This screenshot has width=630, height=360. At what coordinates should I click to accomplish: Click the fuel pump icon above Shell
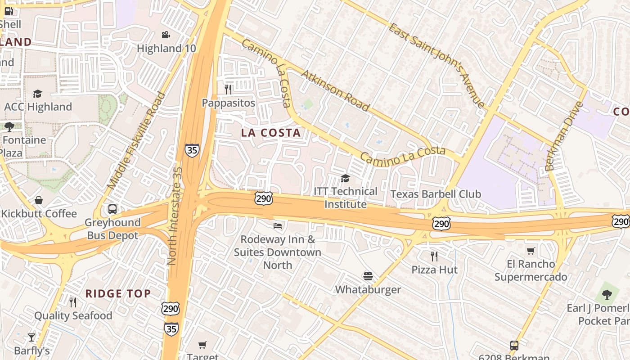click(9, 11)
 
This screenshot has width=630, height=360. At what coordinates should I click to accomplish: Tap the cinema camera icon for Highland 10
click(166, 35)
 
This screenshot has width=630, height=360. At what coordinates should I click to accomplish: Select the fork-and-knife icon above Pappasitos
click(228, 89)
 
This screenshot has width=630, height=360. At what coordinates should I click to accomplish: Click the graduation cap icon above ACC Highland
click(37, 94)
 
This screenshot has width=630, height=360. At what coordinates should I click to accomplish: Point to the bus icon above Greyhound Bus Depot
click(112, 209)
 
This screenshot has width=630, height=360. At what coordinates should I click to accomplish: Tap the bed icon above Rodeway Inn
click(278, 225)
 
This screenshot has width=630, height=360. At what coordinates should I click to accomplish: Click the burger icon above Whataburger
click(368, 276)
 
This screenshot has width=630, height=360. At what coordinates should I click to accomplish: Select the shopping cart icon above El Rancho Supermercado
click(531, 251)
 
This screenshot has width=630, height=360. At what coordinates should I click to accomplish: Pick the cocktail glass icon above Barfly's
click(31, 337)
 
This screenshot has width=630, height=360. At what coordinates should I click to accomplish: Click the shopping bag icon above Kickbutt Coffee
click(39, 200)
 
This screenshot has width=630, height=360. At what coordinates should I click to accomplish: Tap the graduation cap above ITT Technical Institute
click(345, 178)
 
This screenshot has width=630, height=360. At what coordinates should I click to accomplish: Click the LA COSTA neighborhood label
click(270, 133)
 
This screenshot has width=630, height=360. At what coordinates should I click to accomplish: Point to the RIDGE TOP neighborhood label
click(118, 294)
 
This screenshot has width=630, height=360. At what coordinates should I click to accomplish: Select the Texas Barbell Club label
click(436, 194)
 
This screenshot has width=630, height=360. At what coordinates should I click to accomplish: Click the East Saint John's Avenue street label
click(436, 66)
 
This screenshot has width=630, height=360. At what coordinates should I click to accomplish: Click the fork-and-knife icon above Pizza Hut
click(434, 256)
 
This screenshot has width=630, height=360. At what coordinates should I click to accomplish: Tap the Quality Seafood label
click(73, 315)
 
